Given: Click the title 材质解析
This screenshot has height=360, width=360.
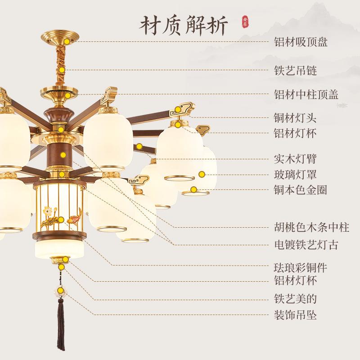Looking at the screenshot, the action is point(184,26).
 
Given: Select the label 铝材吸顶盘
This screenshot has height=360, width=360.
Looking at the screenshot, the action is point(301,42).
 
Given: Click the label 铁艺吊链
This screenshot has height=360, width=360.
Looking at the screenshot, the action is point(296,71).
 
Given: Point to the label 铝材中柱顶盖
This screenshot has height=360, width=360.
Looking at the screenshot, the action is point(306,94).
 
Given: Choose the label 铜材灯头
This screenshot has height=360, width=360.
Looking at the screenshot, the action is point(295,118).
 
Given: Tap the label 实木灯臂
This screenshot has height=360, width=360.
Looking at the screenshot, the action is point(295,159).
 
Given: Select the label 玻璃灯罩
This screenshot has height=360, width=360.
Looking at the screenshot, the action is point(295,175).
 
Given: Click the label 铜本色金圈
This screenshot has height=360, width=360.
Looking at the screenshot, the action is point(301,190).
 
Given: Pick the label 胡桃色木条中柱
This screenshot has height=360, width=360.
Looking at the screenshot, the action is point(311,228).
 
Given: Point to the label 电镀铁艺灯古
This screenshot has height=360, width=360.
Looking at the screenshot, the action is point(306,245).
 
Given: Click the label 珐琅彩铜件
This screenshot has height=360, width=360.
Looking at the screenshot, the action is point(301,268).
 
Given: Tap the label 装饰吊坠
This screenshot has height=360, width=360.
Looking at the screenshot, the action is point(295,315).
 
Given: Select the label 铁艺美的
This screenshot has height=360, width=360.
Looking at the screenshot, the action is point(295,299).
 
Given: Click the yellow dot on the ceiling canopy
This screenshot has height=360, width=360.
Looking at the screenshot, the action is point(67,41).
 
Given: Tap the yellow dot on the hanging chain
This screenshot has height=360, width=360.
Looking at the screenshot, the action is point(62,70).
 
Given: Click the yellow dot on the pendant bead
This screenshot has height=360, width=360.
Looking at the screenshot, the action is point(61,290).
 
